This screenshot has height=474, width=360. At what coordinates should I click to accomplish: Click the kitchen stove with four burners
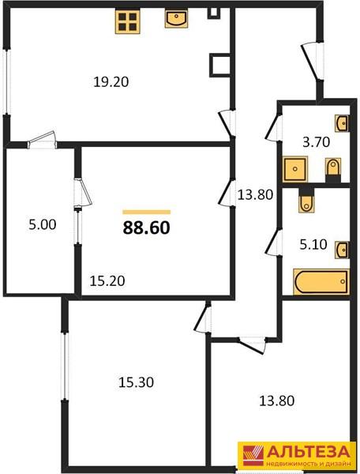[127, 21]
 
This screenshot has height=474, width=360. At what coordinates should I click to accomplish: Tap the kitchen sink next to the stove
[176, 18]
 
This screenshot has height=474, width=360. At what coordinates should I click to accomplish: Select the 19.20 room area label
[111, 82]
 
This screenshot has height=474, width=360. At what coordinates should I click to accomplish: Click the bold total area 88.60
[147, 228]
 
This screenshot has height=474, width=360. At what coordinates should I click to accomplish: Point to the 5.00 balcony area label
[43, 225]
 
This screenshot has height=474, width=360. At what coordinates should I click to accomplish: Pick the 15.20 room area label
[107, 281]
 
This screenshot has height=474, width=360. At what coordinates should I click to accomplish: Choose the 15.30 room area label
[136, 382]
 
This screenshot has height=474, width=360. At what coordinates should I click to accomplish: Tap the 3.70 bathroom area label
[317, 142]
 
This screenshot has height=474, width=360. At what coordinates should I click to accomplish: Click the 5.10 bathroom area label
[313, 244]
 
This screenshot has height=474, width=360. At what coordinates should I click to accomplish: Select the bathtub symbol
[321, 282]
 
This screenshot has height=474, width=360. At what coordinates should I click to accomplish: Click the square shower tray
[295, 169]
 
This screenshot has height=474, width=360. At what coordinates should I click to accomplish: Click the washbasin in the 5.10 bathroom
[342, 250]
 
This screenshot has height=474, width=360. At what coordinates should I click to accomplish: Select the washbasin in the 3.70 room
[342, 123]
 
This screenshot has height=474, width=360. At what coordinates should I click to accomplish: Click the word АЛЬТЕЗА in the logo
[308, 452]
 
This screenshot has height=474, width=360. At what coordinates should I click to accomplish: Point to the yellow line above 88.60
[147, 212]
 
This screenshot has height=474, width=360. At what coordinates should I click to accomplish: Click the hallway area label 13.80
[256, 195]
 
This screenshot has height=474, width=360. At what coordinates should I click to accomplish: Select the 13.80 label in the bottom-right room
[277, 401]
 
